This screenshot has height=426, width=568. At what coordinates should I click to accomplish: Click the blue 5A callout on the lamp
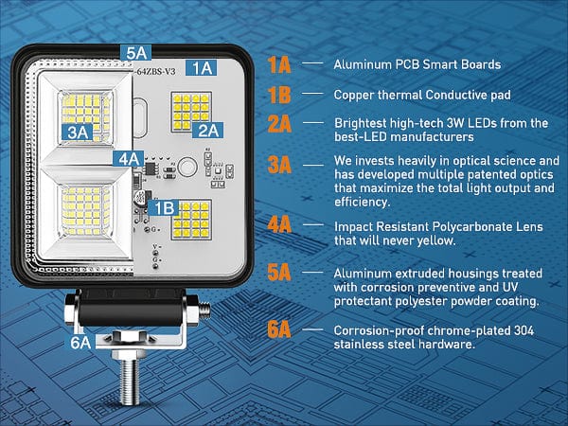click(x=135, y=54)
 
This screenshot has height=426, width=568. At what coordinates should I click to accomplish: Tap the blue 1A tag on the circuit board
click(x=200, y=67)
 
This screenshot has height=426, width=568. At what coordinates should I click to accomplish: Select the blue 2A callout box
click(x=207, y=130)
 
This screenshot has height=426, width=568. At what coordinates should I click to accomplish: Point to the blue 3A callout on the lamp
click(x=79, y=133)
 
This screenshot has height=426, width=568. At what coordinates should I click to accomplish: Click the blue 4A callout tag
click(x=129, y=158)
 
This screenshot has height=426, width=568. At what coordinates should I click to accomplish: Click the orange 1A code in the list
click(x=278, y=64)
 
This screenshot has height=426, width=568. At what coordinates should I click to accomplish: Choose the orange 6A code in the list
click(x=278, y=330)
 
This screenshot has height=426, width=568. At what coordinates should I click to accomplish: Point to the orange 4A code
click(x=278, y=225)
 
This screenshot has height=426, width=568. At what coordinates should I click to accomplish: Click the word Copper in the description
click(x=353, y=95)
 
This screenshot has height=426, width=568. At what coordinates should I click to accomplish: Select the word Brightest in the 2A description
click(x=360, y=123)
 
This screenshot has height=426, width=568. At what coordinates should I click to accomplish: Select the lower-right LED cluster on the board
click(x=191, y=220)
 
